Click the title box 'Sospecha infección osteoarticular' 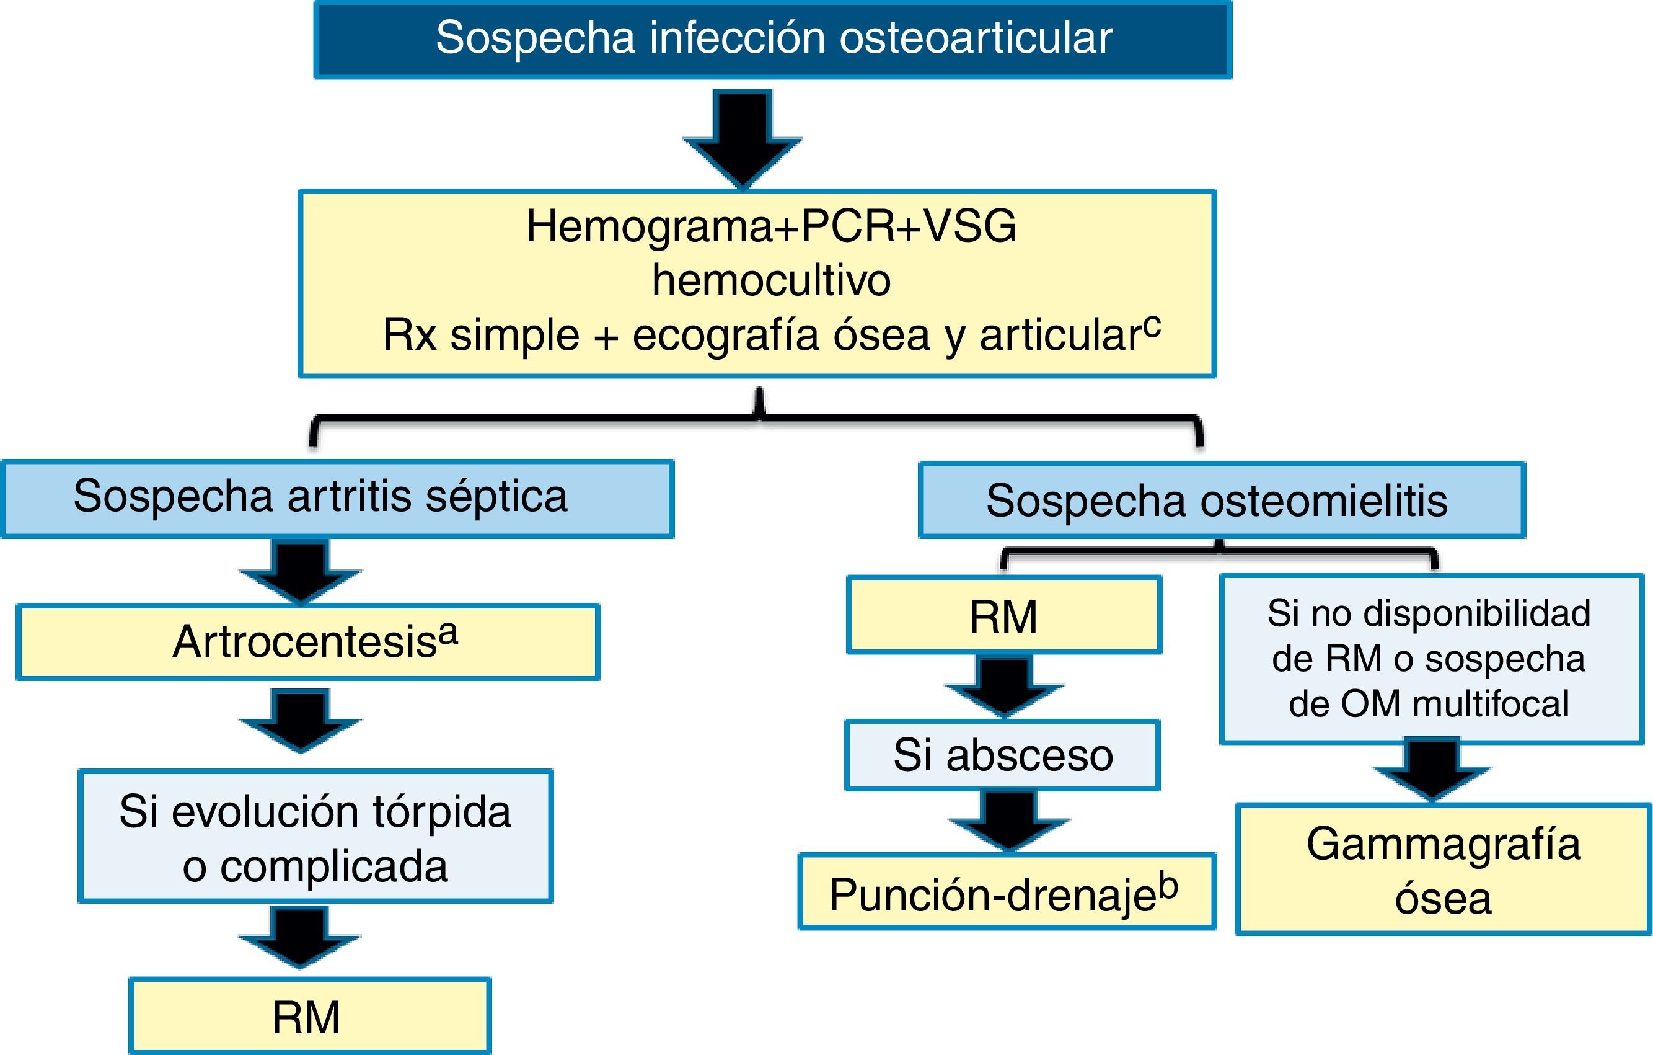point(773,39)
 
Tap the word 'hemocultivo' point(771,280)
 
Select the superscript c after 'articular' point(1153,326)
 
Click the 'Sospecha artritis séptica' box point(338,498)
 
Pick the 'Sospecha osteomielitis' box point(1222,501)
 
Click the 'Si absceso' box point(1002,755)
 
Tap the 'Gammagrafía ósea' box point(1443,870)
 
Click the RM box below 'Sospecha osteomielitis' point(1003,616)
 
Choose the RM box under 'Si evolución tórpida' point(310,1017)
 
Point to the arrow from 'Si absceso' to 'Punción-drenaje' point(1008,820)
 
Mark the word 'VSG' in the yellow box point(969,226)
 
